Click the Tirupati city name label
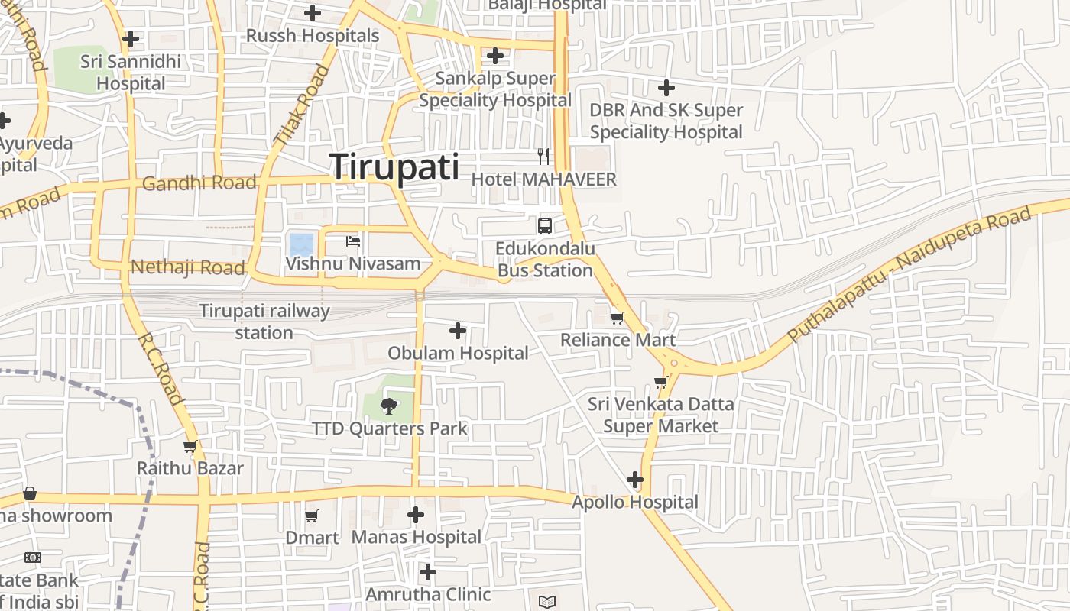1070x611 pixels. [x=394, y=167]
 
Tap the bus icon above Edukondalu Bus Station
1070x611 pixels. [x=544, y=225]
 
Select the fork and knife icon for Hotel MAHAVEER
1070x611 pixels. [x=543, y=157]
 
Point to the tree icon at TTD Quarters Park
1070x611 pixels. [x=389, y=406]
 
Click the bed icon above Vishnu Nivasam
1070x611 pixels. [x=353, y=241]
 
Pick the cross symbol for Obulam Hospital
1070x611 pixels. [x=458, y=331]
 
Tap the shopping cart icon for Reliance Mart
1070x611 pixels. [x=617, y=318]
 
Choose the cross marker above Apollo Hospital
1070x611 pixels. [x=635, y=480]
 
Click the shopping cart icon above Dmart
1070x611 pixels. [x=311, y=516]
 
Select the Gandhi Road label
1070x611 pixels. [x=199, y=183]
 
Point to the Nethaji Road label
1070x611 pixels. [x=187, y=267]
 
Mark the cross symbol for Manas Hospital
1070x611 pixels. [x=416, y=515]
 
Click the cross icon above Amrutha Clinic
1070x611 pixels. [x=428, y=571]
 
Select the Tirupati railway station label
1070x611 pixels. [x=264, y=322]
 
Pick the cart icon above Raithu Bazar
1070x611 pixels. [x=190, y=447]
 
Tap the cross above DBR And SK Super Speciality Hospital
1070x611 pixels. [x=666, y=88]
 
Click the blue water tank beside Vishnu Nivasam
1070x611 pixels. [x=300, y=245]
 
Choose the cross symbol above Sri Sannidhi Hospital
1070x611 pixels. [x=131, y=38]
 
